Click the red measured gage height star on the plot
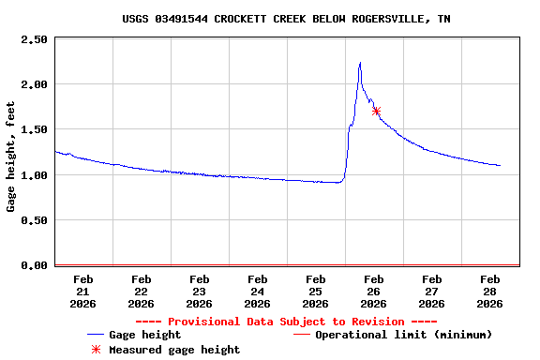[x=376, y=111]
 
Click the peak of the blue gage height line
[x=360, y=63]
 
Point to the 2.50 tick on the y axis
[x=34, y=39]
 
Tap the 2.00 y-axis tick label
[x=34, y=84]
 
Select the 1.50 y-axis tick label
[x=34, y=129]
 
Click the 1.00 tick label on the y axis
[x=34, y=175]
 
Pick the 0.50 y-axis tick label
[x=34, y=220]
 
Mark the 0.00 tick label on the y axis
[x=34, y=265]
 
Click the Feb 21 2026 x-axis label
[x=82, y=291]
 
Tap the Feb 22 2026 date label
[x=141, y=291]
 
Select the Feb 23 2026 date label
[x=199, y=291]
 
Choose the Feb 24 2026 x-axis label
[x=257, y=291]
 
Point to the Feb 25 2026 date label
[x=315, y=291]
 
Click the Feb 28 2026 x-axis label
[x=489, y=291]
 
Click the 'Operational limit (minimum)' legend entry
[x=403, y=335]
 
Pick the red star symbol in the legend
[x=95, y=350]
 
